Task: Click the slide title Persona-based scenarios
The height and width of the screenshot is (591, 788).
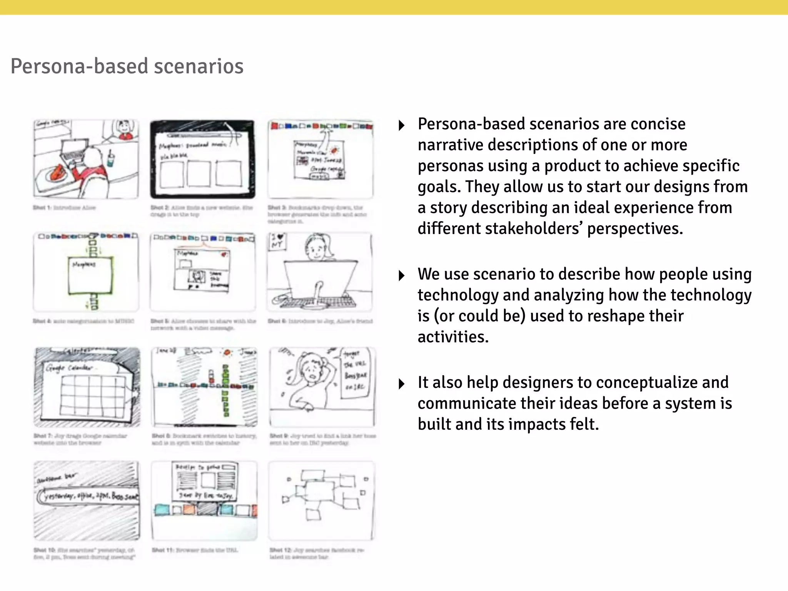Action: click(x=127, y=66)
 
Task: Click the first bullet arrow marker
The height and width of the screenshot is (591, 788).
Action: click(x=401, y=125)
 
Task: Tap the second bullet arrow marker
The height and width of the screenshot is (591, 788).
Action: click(x=401, y=275)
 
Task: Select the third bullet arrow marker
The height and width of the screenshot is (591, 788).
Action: click(x=401, y=384)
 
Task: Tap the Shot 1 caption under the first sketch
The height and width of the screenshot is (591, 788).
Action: click(x=64, y=208)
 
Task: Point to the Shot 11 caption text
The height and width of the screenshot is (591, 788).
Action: click(x=195, y=550)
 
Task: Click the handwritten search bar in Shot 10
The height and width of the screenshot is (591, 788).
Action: click(x=88, y=497)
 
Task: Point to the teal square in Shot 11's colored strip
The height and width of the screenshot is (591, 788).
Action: click(x=162, y=510)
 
